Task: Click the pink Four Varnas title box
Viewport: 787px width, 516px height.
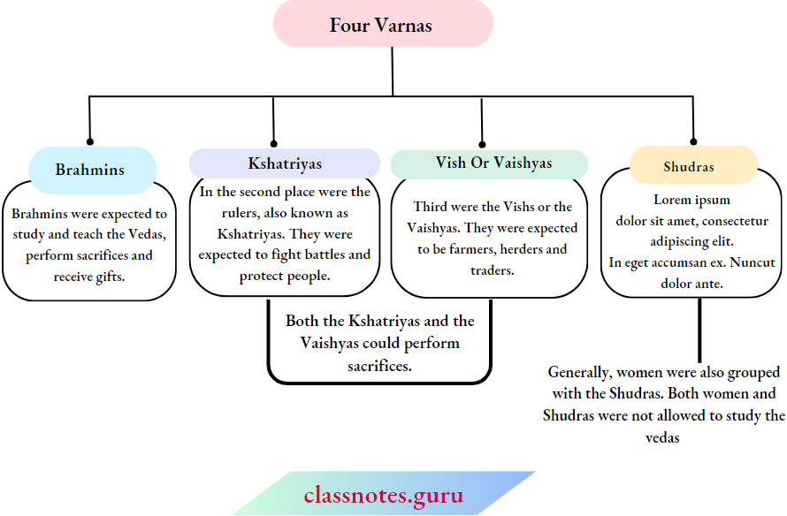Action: point(382,25)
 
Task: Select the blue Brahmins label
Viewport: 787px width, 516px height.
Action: point(90,170)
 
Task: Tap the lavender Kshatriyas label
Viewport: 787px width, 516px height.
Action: point(284,163)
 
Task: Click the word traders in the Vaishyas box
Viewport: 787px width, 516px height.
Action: point(493,270)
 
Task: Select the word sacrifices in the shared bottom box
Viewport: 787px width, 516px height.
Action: point(379,365)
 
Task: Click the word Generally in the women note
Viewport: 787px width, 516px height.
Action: point(579,373)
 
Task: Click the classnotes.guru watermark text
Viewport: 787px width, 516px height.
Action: point(383,495)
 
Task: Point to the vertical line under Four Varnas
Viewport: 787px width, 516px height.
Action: point(393,71)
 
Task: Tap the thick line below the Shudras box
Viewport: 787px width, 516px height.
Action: point(699,330)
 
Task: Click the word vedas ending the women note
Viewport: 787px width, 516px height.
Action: point(662,437)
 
